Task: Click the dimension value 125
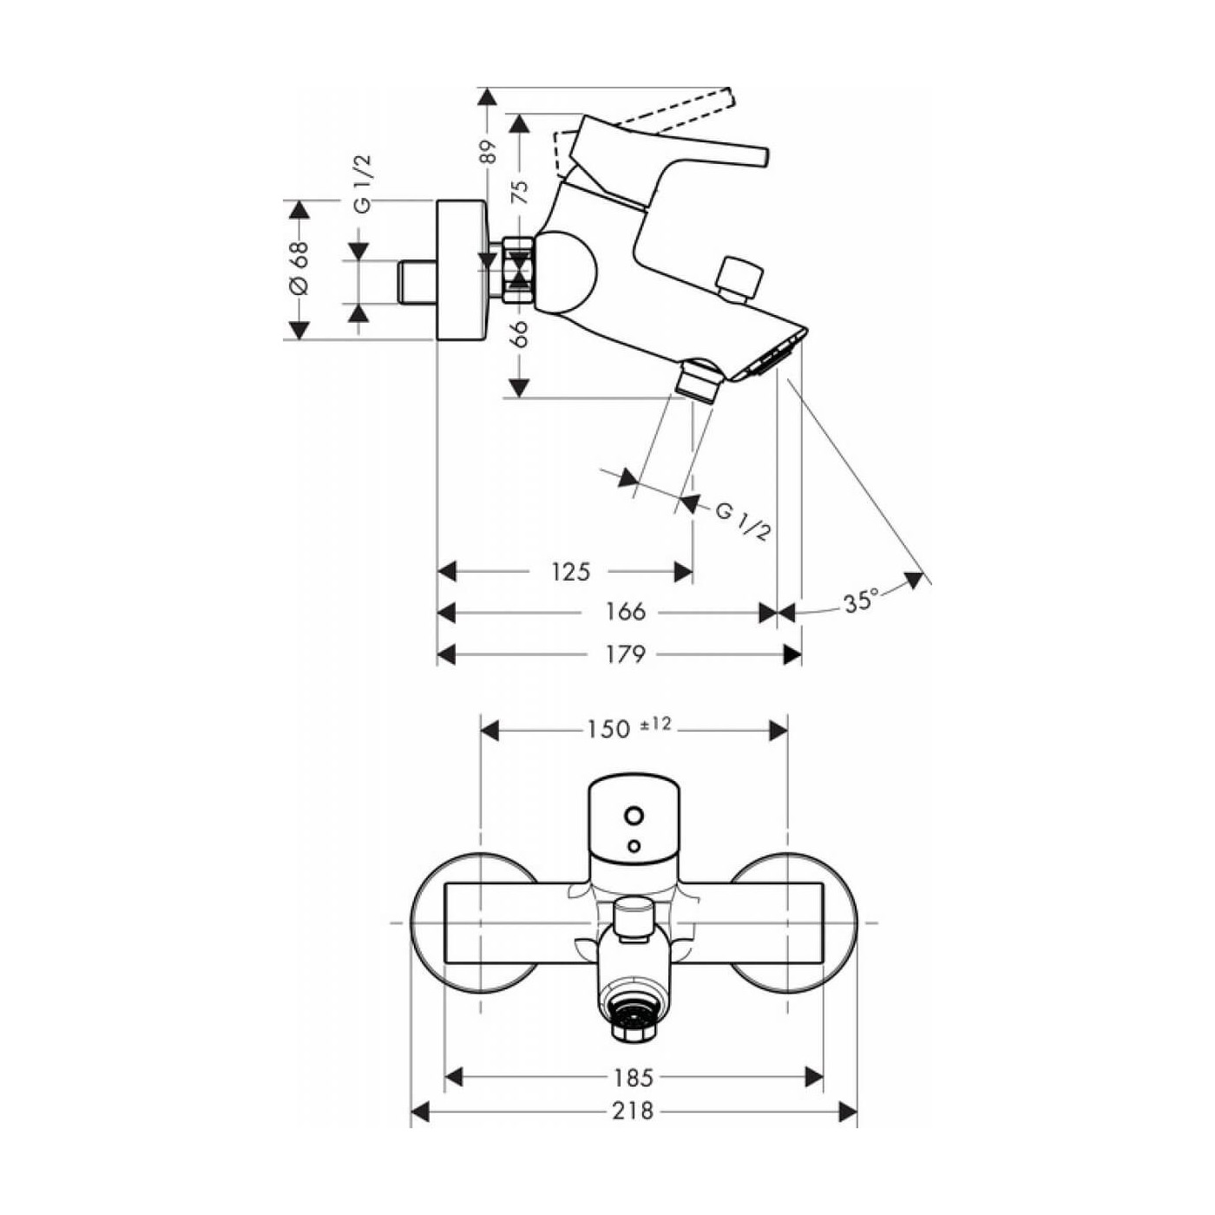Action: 570,572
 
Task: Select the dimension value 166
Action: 625,612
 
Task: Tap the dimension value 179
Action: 625,653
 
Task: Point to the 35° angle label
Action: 861,601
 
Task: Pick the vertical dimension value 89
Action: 488,152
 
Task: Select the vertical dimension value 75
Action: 519,192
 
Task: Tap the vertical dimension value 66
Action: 519,334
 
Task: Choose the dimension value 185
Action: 633,1078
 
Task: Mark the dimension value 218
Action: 633,1111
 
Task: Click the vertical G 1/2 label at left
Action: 362,183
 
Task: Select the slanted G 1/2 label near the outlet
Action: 743,522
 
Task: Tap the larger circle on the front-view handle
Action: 634,816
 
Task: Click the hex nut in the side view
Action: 519,269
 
